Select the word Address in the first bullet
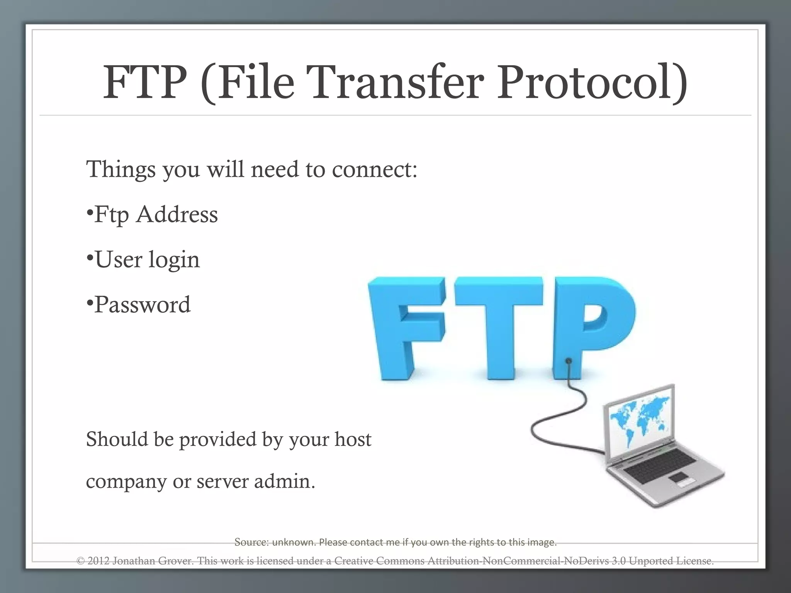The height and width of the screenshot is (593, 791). pos(177,215)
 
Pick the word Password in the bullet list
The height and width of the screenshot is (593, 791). pos(142,305)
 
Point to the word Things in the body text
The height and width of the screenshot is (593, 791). pos(121,169)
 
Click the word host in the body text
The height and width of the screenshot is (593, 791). pos(353,440)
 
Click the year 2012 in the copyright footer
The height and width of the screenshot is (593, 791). pos(98,561)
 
